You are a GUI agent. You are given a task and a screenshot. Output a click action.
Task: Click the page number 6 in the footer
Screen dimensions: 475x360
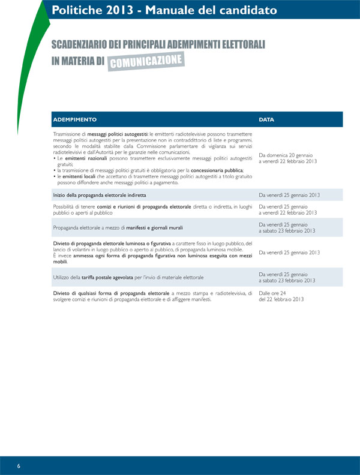click(x=19, y=466)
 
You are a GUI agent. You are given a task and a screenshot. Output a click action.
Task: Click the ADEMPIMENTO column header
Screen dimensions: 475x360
click(x=75, y=119)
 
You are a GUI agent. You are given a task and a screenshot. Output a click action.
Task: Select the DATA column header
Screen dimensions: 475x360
click(x=266, y=119)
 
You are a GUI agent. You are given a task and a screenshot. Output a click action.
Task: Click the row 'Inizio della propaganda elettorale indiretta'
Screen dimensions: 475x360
click(x=100, y=196)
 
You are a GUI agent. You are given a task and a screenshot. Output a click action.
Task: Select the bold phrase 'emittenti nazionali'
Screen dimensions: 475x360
click(x=83, y=158)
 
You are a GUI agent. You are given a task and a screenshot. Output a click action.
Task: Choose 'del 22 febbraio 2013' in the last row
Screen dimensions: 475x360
click(x=281, y=299)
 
